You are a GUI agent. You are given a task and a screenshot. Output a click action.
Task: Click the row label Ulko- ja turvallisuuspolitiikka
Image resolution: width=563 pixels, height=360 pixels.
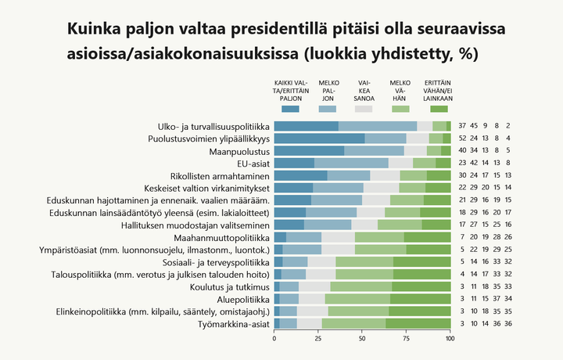213,127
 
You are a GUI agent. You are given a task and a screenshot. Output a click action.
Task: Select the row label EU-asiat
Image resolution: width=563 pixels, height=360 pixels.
249,164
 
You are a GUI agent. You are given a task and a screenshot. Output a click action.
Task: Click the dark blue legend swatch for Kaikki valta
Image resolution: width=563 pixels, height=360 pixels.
290,109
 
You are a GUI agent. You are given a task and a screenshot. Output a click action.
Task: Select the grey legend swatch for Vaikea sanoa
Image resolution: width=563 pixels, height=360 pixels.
364,109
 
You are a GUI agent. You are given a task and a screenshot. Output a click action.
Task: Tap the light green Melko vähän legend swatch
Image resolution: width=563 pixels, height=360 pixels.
401,109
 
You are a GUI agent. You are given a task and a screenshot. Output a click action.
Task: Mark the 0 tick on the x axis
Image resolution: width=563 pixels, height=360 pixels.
274,339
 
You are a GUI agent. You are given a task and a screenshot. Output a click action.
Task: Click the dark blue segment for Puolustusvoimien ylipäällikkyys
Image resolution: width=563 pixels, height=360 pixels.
320,139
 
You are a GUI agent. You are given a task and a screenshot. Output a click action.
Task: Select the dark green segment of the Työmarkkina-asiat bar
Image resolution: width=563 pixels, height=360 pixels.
418,323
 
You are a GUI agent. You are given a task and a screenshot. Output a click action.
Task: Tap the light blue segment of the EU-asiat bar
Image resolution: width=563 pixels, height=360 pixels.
351,164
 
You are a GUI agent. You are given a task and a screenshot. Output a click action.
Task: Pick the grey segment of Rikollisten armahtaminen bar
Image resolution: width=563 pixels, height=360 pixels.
385,175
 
